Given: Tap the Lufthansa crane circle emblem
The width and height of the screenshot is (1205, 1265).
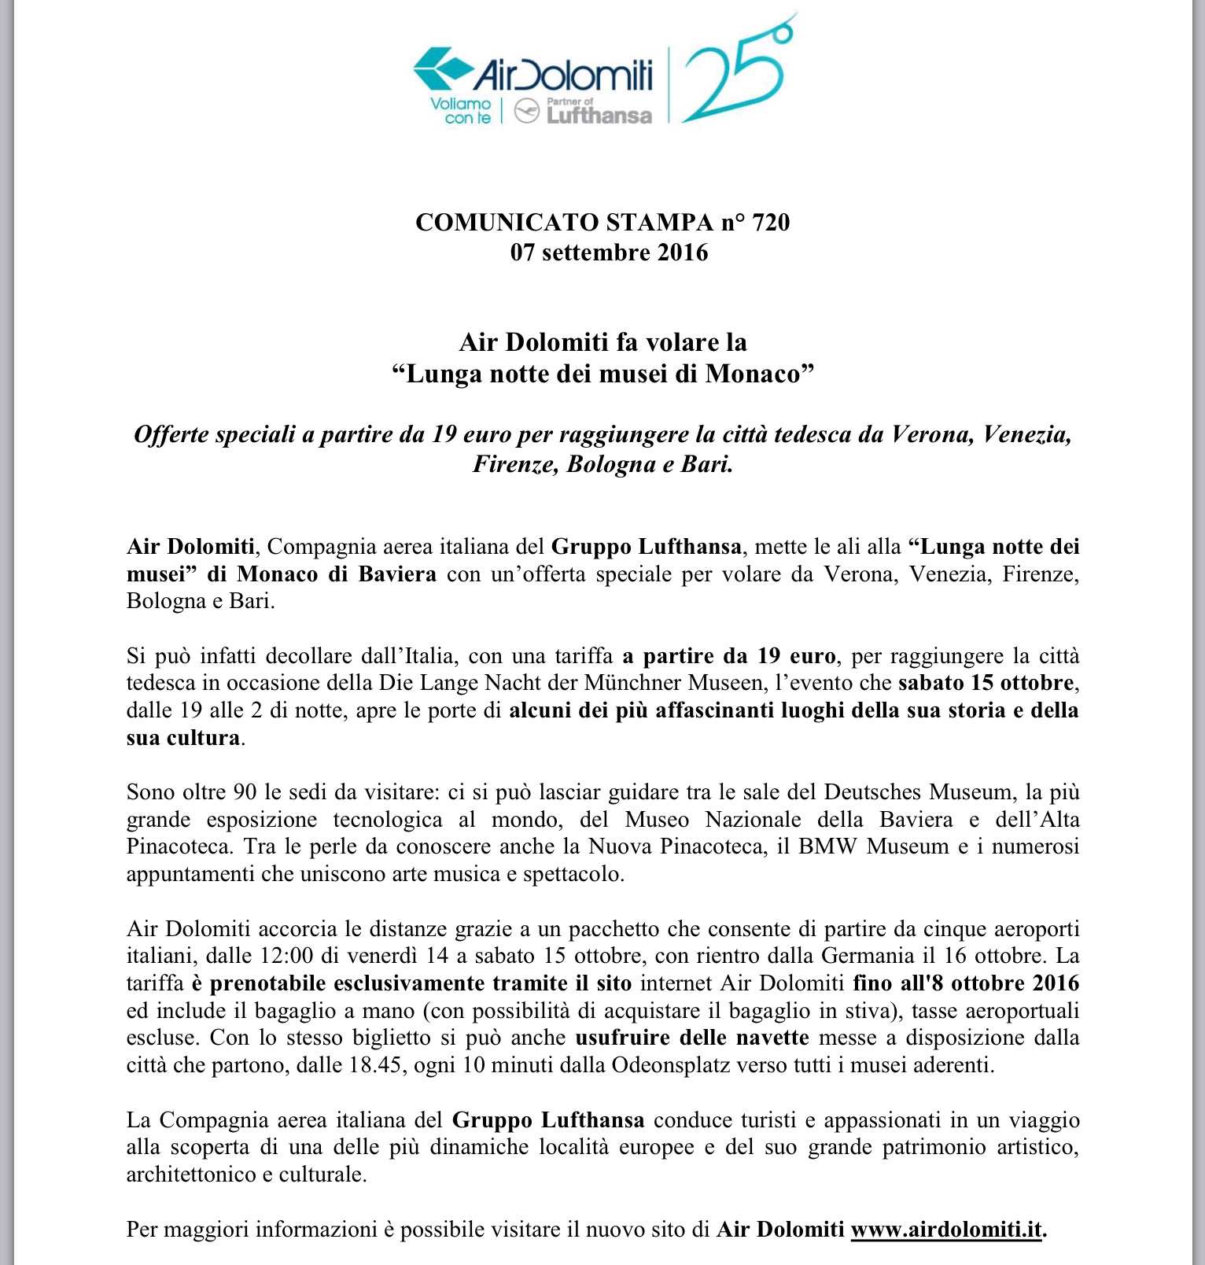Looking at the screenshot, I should (526, 112).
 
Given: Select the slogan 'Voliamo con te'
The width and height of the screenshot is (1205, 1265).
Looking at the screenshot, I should (460, 111).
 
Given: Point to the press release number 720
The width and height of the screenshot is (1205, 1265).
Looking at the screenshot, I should (770, 223).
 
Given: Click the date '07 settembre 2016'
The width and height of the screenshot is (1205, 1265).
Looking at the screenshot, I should (609, 253).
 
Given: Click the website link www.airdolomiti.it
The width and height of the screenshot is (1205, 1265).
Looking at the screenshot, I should (947, 1229).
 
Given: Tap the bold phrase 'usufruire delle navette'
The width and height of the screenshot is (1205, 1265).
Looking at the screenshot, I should (691, 1038).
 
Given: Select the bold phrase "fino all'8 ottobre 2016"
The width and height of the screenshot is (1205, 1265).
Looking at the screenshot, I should (966, 983).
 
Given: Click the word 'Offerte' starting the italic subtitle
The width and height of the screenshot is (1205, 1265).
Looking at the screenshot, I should (170, 434).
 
